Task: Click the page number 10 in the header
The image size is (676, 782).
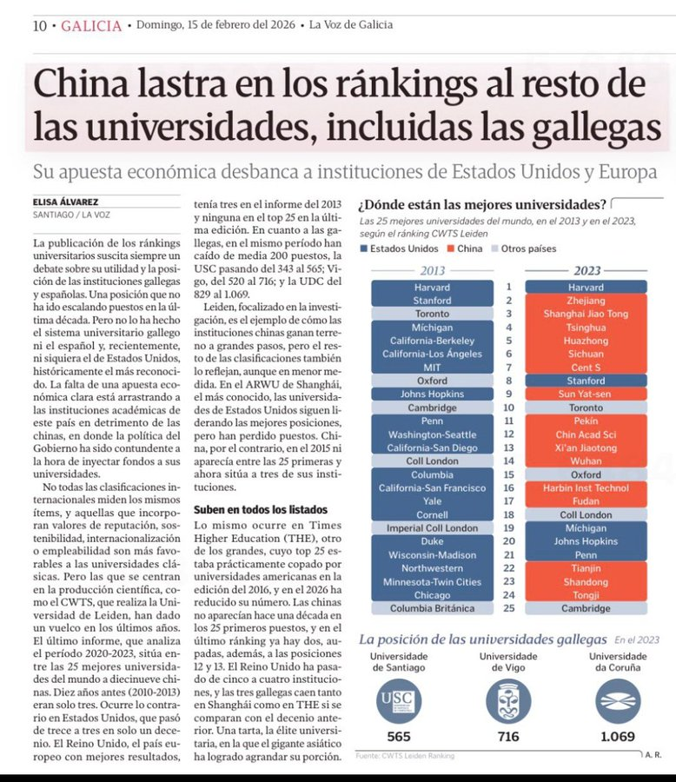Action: click(x=39, y=25)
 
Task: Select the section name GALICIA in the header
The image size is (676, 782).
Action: click(x=91, y=25)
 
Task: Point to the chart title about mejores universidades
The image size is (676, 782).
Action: click(x=482, y=205)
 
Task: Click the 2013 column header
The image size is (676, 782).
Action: click(x=432, y=270)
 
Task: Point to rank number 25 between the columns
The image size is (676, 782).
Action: click(x=509, y=608)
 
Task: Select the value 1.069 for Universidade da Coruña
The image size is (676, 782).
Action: click(x=618, y=737)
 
